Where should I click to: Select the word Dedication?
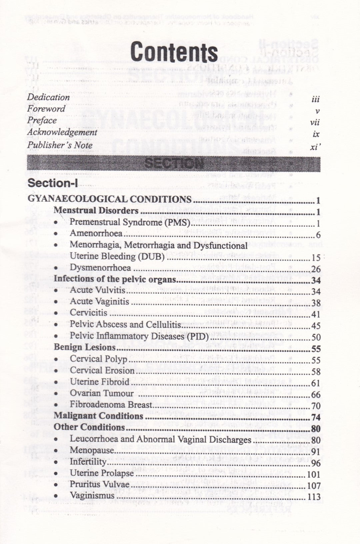tap(48, 97)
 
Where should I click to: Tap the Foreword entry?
tap(46, 109)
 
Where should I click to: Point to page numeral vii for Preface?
tap(314, 122)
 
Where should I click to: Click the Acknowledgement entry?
tap(62, 132)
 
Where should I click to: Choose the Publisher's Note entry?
tap(60, 145)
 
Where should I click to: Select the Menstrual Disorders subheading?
tap(96, 211)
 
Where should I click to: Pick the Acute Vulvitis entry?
tap(98, 290)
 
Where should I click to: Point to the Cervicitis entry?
tap(89, 313)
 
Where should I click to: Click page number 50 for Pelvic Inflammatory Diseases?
tap(316, 337)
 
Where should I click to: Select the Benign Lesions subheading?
tap(85, 347)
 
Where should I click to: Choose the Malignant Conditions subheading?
tap(98, 416)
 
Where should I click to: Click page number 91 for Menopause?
tap(316, 452)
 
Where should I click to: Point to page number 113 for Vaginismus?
tap(314, 497)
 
